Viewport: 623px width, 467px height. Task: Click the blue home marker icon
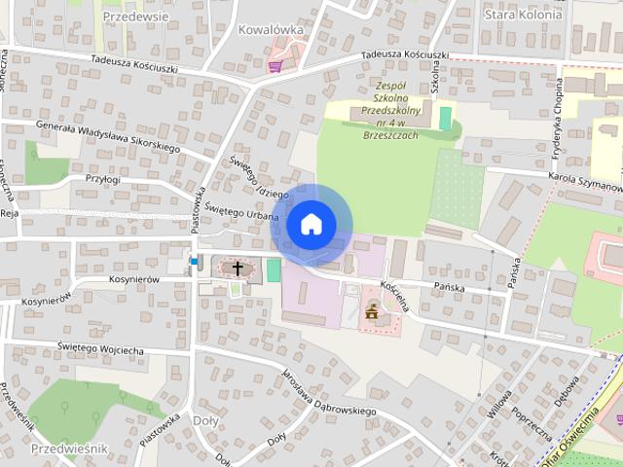click(310, 224)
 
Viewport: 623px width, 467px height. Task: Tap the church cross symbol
click(237, 267)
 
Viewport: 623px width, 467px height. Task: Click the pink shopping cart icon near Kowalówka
click(275, 66)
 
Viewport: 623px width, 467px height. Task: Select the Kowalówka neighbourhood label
click(271, 29)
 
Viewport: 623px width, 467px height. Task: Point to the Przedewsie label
click(134, 17)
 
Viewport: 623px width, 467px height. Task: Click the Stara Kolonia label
click(523, 15)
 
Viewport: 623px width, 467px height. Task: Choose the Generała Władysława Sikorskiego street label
click(107, 136)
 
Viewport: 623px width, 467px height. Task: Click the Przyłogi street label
click(102, 179)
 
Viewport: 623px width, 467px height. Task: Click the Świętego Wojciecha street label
click(100, 348)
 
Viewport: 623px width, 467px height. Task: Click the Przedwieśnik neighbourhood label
click(69, 449)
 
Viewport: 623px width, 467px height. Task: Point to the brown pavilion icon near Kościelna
click(371, 312)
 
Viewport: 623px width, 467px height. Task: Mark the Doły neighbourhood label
click(206, 420)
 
